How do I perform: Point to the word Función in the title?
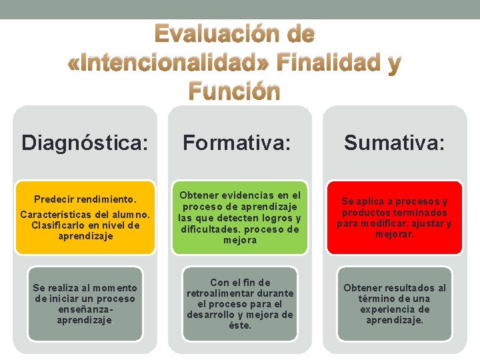coord(235,91)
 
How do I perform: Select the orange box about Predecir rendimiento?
coord(85,217)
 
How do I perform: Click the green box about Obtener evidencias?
coord(239,217)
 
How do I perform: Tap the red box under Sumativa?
coord(394,217)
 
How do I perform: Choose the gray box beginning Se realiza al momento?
coord(85,303)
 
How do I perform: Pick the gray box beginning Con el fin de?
coord(239,303)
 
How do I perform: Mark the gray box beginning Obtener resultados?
coord(394,303)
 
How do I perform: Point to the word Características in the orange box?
coord(54,215)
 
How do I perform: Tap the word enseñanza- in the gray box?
coord(85,309)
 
